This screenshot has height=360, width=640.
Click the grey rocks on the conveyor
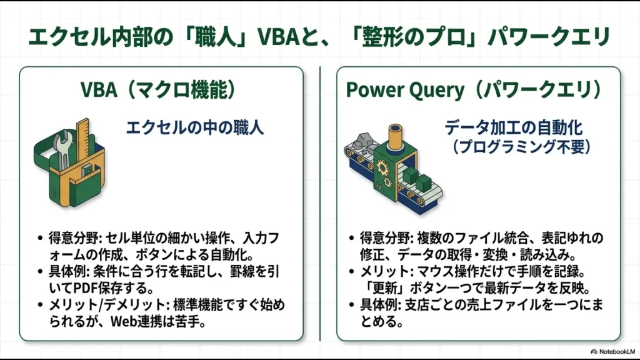tap(361, 142)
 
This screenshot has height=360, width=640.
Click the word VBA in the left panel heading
tap(99, 90)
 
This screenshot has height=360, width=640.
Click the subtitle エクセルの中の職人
tap(195, 128)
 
